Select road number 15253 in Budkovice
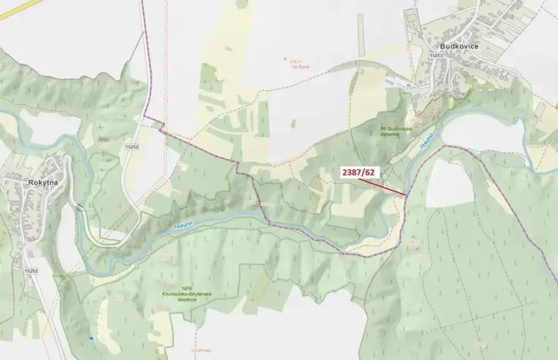tap(437, 55)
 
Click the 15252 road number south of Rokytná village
tap(31, 271)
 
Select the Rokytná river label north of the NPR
tap(183, 225)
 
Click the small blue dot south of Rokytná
tap(92, 338)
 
